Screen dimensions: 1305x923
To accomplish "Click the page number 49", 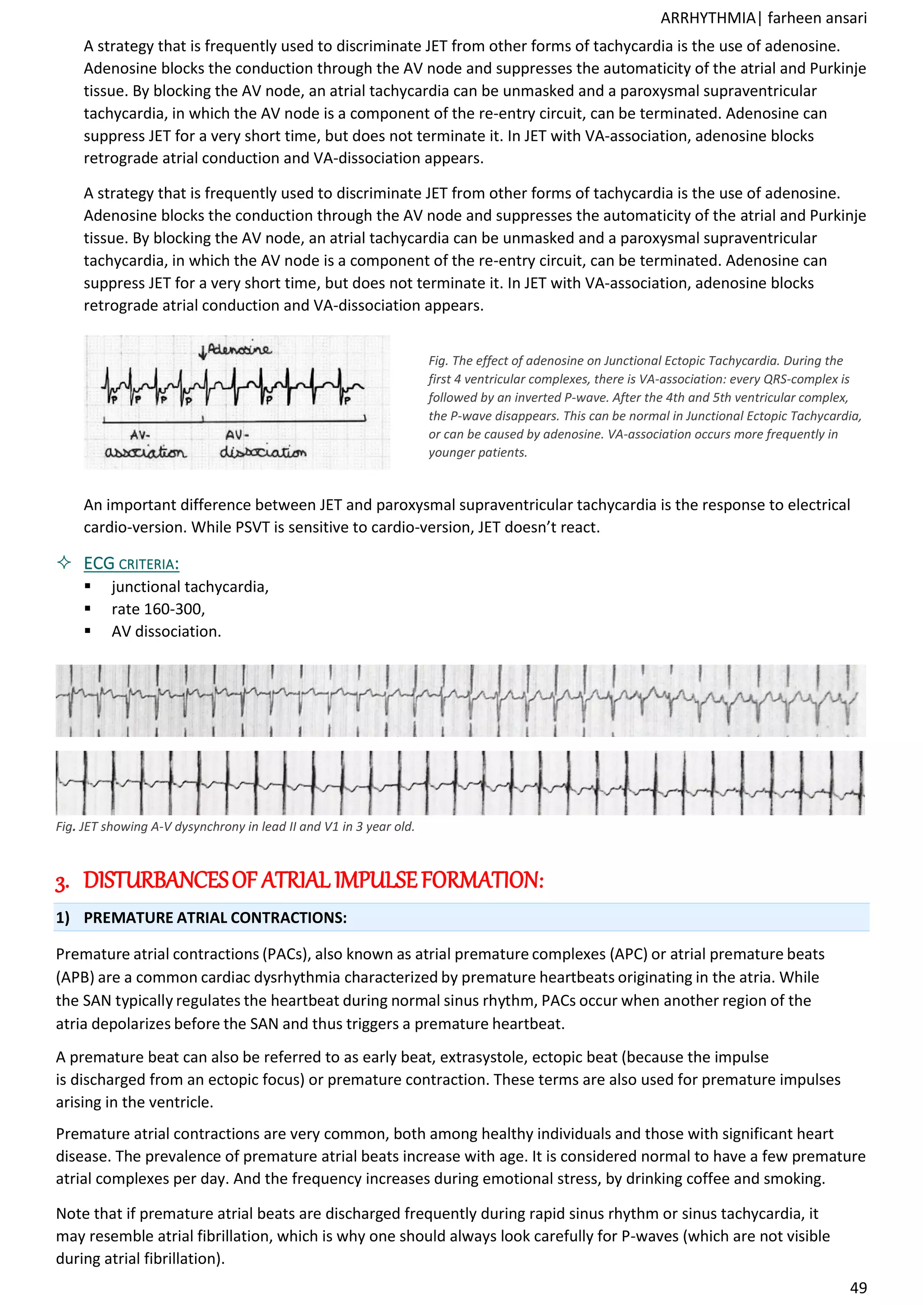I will (858, 1287).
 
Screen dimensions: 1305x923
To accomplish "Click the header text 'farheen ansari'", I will (817, 18).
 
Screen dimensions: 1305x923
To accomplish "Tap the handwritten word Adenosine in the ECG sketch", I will (240, 349).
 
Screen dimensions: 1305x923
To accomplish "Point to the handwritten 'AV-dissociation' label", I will (263, 444).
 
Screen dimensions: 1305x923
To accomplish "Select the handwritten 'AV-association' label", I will (146, 444).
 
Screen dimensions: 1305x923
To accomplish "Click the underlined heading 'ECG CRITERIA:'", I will (131, 564).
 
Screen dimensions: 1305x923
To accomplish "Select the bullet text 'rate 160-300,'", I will (158, 609).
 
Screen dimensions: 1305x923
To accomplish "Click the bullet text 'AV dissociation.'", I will (166, 632).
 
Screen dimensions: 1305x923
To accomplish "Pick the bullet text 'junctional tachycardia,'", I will (190, 586).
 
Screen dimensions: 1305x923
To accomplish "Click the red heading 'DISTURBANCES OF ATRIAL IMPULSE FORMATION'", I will (313, 880).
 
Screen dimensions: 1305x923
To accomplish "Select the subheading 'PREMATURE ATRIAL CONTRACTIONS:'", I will (215, 917).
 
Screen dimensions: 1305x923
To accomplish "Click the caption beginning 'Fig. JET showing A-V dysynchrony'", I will (235, 826).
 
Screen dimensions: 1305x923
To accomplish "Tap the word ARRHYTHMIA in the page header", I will (708, 18).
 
